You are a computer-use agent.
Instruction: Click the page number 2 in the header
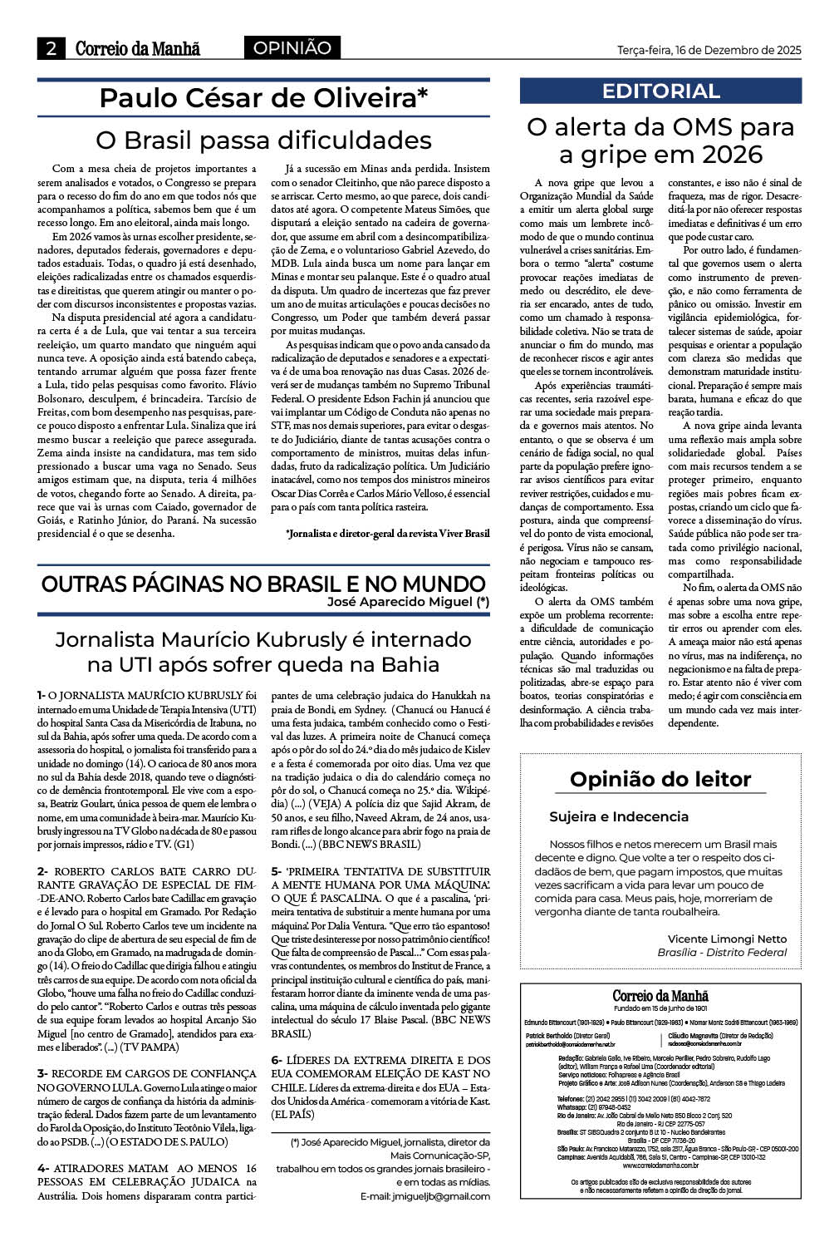click(51, 49)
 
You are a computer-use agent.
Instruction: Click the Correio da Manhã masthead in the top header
click(138, 49)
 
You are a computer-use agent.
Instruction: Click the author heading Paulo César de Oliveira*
click(263, 98)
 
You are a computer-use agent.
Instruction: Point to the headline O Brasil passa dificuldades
click(263, 139)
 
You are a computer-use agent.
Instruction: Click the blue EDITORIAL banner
click(660, 91)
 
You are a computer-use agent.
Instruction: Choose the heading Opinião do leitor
click(660, 779)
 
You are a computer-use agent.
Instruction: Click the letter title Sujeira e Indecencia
click(619, 816)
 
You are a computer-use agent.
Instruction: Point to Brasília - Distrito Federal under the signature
click(722, 952)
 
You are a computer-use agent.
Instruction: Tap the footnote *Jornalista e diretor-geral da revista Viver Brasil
click(387, 532)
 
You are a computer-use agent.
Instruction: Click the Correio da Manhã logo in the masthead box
click(660, 995)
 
